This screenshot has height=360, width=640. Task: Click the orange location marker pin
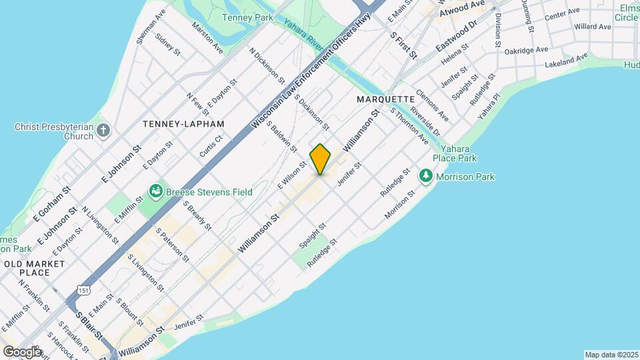click(x=321, y=159)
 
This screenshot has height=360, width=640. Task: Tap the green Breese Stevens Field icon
click(x=156, y=192)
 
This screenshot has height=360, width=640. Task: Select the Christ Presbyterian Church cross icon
click(x=103, y=130)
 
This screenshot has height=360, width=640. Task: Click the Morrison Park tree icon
click(x=426, y=177)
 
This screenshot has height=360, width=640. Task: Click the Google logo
click(x=22, y=351)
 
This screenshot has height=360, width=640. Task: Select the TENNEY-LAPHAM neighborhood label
click(x=183, y=124)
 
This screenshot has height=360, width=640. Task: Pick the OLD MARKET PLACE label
click(x=35, y=268)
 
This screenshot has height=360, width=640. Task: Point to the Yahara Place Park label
click(x=454, y=154)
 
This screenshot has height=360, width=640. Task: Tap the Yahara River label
click(x=303, y=33)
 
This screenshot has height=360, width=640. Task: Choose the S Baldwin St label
click(x=282, y=135)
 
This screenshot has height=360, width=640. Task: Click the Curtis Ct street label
click(x=211, y=146)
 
